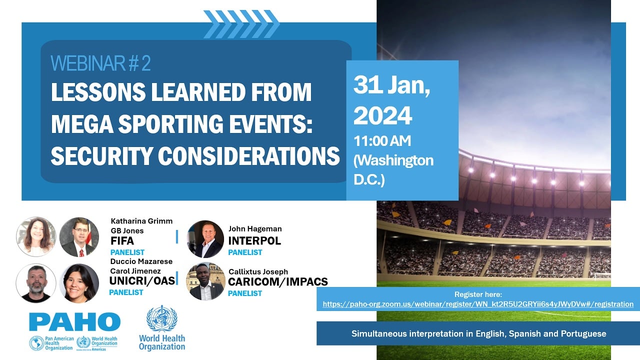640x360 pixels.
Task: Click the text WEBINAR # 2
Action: [100, 63]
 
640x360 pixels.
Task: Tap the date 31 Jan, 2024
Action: [391, 100]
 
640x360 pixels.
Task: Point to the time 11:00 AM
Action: [382, 141]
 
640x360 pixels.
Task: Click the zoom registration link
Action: [478, 304]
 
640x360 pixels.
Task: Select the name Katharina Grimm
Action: [141, 221]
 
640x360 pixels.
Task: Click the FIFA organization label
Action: [122, 241]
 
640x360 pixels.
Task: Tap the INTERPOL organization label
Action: [254, 240]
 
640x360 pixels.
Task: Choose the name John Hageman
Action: [255, 229]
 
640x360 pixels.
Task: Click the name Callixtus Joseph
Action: [258, 271]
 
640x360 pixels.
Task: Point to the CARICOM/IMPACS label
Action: [278, 282]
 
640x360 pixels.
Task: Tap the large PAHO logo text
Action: [74, 322]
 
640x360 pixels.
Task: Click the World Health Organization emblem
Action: [161, 318]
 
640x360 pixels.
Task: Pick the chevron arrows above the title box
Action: [241, 24]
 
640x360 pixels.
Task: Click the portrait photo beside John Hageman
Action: [205, 239]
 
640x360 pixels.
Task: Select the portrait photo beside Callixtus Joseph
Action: [205, 281]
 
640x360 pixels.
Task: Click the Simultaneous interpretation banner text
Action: [478, 333]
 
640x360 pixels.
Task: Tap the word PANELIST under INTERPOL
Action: [245, 252]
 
